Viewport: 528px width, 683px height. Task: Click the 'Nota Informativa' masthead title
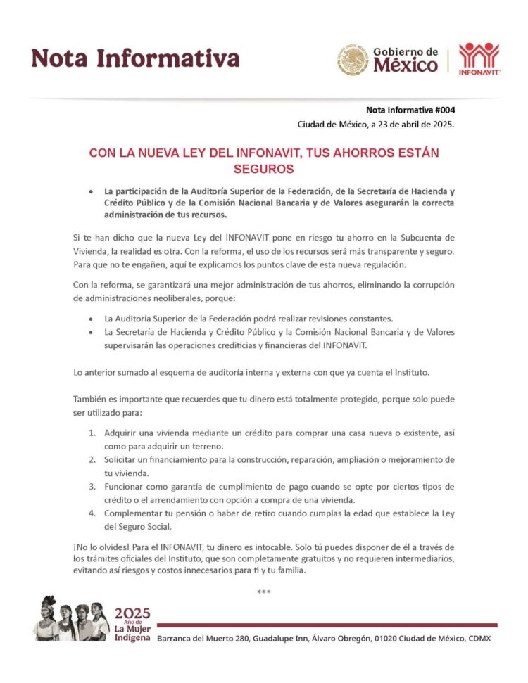(135, 58)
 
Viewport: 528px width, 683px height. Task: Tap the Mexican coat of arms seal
(352, 60)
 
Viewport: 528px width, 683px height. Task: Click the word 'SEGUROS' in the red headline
(263, 170)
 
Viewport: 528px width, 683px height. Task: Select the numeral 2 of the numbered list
(92, 459)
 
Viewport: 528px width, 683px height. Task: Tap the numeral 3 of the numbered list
(92, 486)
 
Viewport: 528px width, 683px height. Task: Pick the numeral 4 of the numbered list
(92, 513)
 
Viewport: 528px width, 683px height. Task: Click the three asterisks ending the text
(264, 592)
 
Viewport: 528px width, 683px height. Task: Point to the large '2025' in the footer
(132, 613)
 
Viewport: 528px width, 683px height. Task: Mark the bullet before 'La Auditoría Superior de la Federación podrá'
(91, 319)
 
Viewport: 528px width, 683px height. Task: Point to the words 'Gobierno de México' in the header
(405, 60)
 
